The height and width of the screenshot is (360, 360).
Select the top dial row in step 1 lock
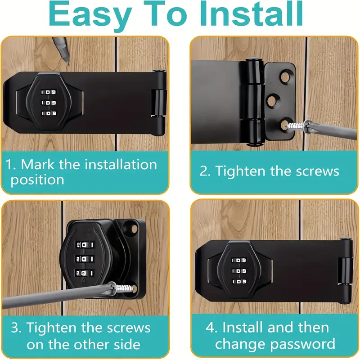click(x=49, y=92)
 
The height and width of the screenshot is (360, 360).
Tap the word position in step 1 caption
click(x=37, y=180)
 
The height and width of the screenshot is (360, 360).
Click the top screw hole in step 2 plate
click(x=285, y=77)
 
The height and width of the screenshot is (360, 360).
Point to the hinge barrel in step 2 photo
click(x=254, y=102)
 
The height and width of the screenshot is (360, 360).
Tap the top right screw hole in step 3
click(x=130, y=228)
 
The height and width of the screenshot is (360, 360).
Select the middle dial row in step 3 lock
click(x=84, y=259)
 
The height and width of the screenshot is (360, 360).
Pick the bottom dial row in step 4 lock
click(x=239, y=282)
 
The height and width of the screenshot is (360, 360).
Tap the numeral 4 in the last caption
click(x=210, y=328)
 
